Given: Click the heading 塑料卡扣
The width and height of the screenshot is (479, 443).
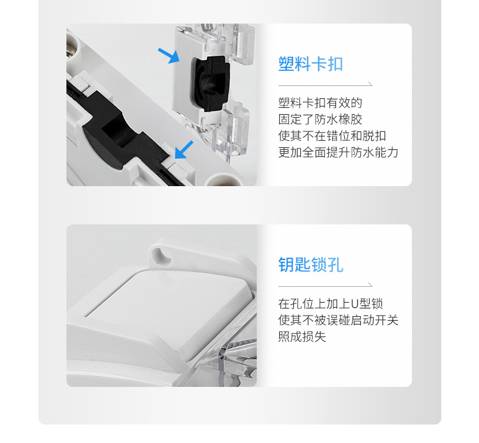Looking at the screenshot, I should [x=310, y=64].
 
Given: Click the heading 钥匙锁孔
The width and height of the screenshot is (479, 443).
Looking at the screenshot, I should [x=310, y=265].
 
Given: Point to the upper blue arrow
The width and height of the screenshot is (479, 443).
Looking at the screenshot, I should [x=169, y=56].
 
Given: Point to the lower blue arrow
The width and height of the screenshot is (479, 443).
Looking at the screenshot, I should [x=183, y=150].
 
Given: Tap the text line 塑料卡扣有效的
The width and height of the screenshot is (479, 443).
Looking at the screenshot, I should [x=320, y=103].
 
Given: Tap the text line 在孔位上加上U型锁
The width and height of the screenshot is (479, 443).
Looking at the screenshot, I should [x=330, y=304].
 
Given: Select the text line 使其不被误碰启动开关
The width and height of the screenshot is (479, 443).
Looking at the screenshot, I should [x=338, y=321].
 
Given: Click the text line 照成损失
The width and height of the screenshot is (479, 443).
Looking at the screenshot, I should [x=302, y=337].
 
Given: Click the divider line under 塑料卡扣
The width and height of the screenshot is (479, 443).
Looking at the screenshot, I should [x=325, y=85].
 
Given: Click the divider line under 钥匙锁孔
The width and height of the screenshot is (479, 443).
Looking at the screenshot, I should [x=325, y=285].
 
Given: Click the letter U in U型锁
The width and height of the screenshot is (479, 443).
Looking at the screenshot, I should [x=356, y=304].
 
